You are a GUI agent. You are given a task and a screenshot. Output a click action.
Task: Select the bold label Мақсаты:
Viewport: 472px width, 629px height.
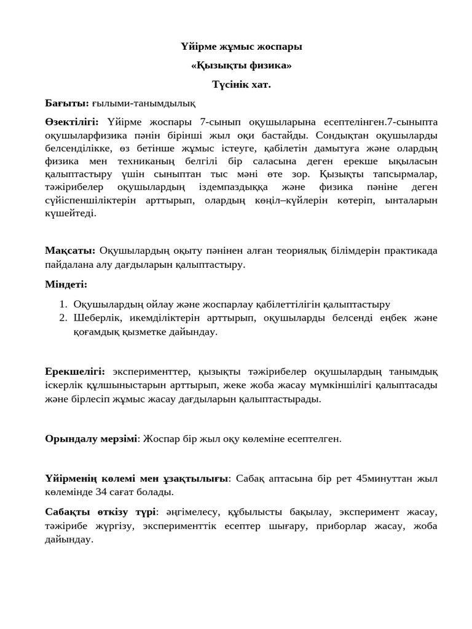coord(69,251)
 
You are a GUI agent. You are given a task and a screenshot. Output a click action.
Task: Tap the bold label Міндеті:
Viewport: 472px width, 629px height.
coord(66,284)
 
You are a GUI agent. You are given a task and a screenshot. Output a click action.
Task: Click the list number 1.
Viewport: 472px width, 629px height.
coord(63,304)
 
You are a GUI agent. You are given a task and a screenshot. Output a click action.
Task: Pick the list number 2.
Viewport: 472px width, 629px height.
coord(63,318)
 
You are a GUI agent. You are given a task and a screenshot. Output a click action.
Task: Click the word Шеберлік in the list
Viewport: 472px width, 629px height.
coord(94,318)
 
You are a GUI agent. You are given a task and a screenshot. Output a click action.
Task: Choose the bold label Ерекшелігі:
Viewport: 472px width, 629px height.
coord(75,372)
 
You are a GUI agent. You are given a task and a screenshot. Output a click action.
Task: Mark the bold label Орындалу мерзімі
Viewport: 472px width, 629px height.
coord(90,439)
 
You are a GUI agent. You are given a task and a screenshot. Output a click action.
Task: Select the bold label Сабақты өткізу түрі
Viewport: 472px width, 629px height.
coord(100,512)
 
